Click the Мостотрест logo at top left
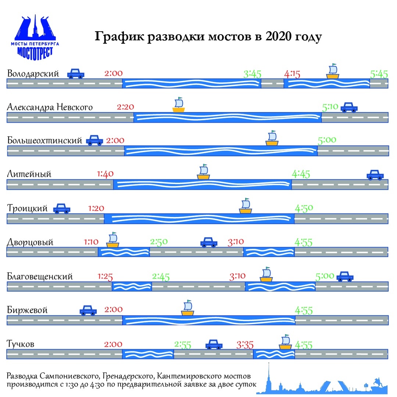click(x=35, y=37)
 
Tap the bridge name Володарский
click(x=33, y=73)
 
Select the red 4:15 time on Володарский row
click(x=292, y=74)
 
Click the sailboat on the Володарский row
click(x=333, y=71)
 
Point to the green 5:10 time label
click(x=330, y=107)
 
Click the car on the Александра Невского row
click(x=349, y=107)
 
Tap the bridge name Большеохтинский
click(x=44, y=141)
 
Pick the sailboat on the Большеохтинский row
click(x=272, y=138)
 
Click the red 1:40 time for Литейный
click(x=105, y=174)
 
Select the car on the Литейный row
click(x=375, y=175)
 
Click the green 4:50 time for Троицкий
click(x=304, y=208)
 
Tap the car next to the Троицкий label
click(x=62, y=209)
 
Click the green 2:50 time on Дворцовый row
click(x=159, y=242)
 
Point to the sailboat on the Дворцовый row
click(x=113, y=240)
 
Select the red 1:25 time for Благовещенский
click(x=105, y=276)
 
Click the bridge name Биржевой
click(x=28, y=310)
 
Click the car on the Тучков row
click(x=214, y=345)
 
